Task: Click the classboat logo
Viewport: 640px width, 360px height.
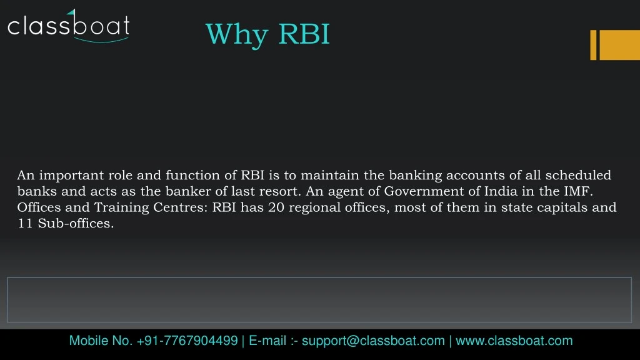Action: point(68,26)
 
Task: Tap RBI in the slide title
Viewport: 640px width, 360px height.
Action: point(304,34)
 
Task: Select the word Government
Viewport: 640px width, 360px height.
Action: point(423,192)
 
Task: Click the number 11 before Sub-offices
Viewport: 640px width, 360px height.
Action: point(25,223)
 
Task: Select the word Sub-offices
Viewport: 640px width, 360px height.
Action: point(76,223)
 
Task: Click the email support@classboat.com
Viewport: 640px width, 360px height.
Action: point(373,341)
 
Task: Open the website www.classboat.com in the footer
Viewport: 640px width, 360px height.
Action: point(514,341)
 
